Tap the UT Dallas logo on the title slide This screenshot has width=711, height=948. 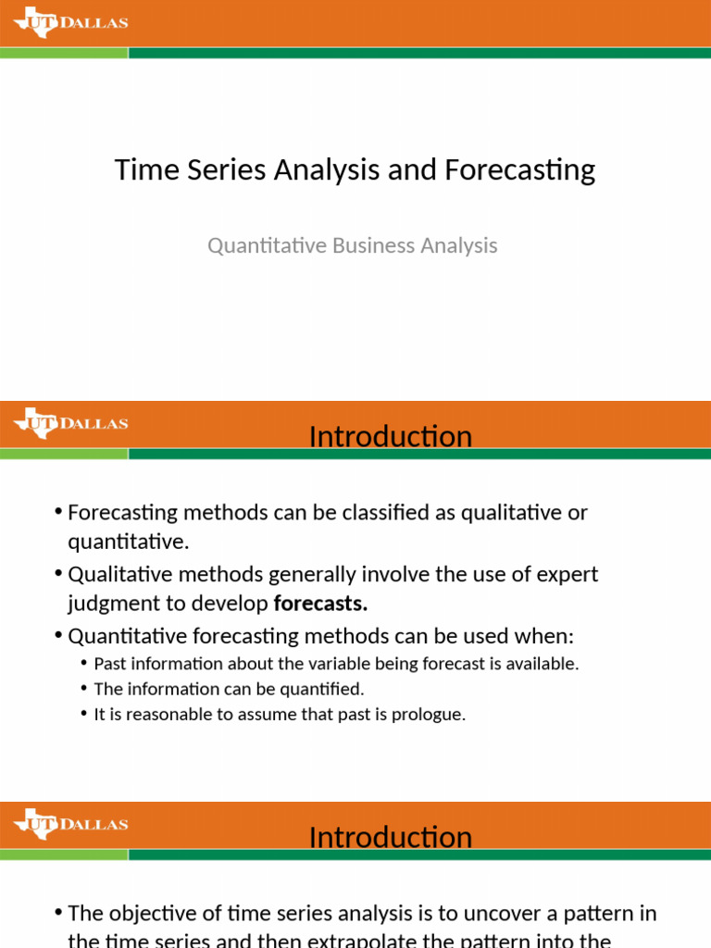[70, 23]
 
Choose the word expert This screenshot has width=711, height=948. [566, 575]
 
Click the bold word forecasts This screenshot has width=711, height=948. [320, 605]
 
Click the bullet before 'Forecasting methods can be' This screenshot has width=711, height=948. [58, 513]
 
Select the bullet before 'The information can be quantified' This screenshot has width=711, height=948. [84, 689]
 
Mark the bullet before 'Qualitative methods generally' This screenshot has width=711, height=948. [58, 575]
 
